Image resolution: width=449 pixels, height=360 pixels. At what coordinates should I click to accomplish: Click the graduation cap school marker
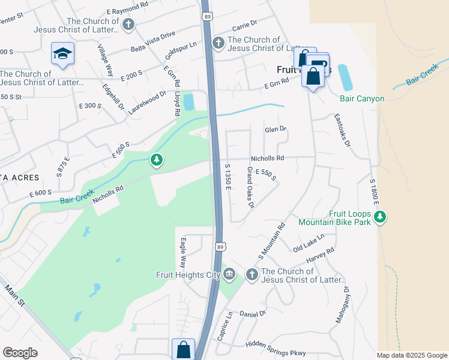62,54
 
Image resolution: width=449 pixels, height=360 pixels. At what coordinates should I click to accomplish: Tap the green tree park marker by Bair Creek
157,160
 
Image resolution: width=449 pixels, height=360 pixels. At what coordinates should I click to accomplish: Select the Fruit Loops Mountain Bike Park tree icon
379,217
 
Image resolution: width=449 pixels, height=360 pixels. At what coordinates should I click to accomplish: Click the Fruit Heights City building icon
229,275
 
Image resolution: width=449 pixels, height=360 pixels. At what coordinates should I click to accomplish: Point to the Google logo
20,353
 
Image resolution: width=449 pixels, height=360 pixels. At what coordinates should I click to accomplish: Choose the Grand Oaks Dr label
250,188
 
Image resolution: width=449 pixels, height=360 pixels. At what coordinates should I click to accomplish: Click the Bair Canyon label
362,98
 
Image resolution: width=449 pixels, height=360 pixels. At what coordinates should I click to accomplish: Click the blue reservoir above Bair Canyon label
345,77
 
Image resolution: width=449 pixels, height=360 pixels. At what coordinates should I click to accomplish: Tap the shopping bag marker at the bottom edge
183,349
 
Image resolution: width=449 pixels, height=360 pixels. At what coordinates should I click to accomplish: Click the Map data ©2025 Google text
412,355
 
